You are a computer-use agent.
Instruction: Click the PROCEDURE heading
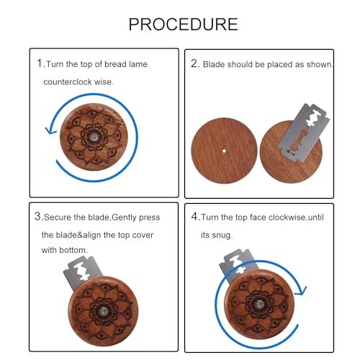click(x=183, y=24)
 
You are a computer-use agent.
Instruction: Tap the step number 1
click(x=40, y=63)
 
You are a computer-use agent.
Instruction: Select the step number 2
click(x=194, y=63)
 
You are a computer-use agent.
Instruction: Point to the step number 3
click(x=38, y=217)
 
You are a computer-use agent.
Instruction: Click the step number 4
click(x=194, y=217)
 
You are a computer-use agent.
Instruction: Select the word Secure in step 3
click(x=58, y=217)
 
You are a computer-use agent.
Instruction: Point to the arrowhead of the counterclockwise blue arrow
click(x=50, y=130)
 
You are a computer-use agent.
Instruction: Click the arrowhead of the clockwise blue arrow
click(x=301, y=290)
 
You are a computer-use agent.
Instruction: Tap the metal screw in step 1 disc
click(x=94, y=137)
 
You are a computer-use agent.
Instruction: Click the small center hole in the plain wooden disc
click(x=224, y=151)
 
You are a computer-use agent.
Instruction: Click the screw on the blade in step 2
click(x=291, y=151)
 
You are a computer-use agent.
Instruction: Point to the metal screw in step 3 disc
click(x=104, y=311)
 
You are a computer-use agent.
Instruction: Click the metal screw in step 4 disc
click(x=259, y=305)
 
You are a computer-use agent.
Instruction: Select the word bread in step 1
click(x=115, y=64)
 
